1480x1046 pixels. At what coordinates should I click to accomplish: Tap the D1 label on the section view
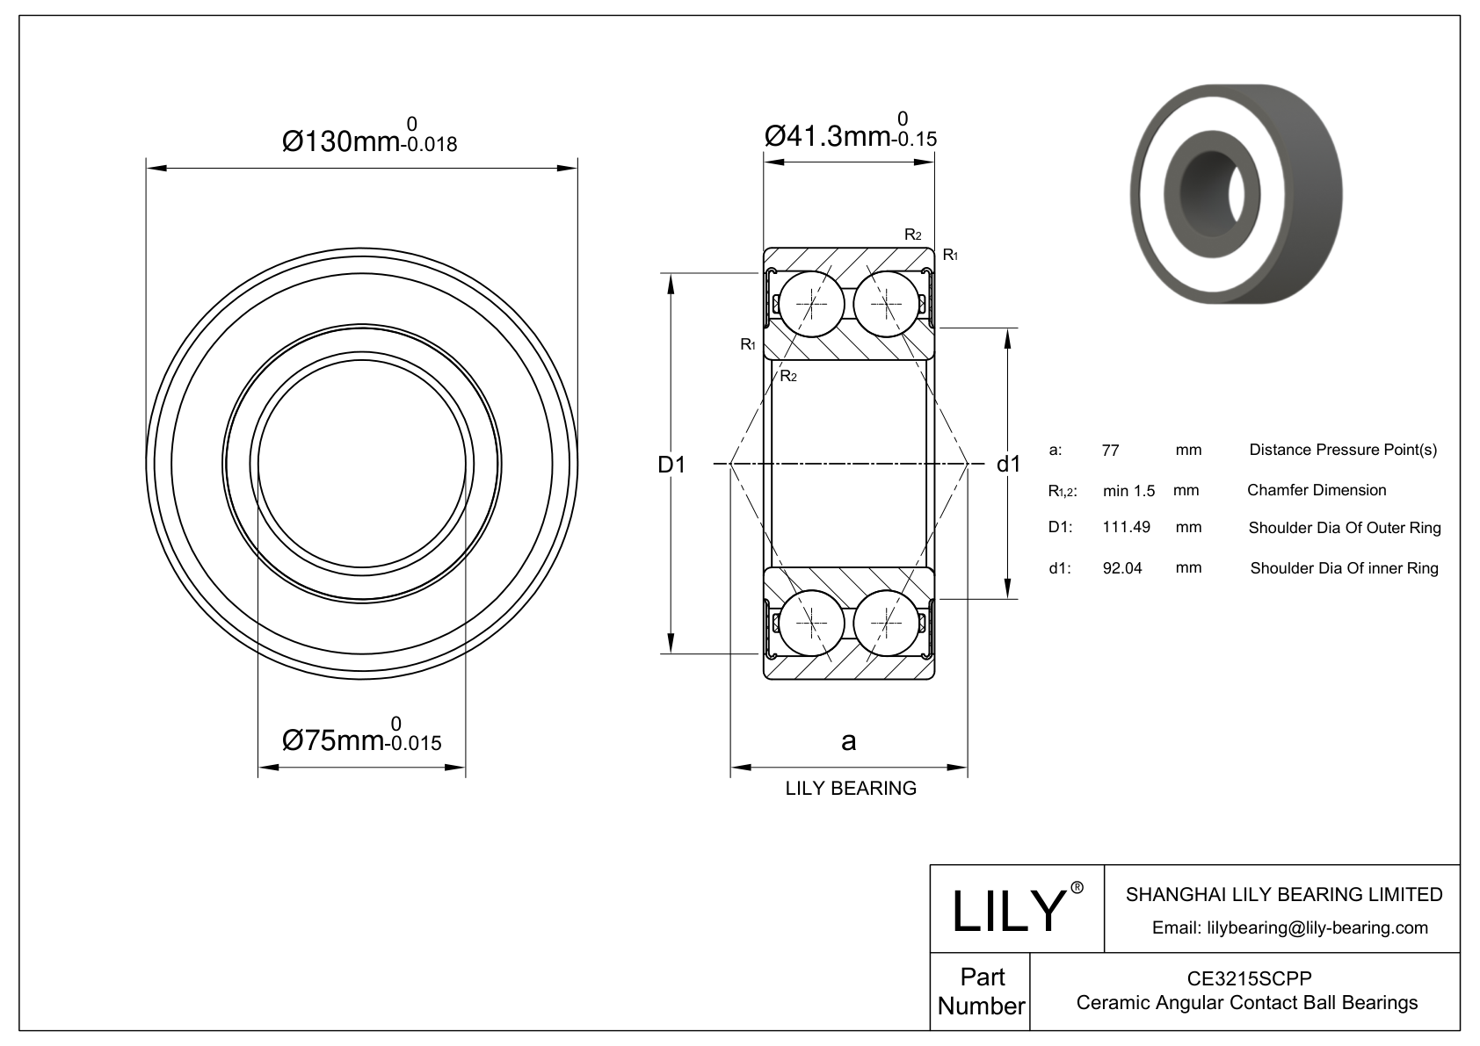671,465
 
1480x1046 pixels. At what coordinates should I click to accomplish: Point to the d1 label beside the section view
1008,465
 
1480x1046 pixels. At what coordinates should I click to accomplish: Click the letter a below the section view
848,742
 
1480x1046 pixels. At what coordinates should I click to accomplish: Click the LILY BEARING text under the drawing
850,788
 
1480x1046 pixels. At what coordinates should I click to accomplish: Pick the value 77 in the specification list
1110,451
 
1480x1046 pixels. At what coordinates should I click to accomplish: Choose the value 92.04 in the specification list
1122,568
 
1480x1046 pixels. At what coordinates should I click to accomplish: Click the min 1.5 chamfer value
1128,490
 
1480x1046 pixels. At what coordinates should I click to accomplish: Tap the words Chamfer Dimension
1317,490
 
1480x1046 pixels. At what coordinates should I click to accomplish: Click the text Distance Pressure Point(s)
1343,451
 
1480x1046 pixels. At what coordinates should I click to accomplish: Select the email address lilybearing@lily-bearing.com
1290,927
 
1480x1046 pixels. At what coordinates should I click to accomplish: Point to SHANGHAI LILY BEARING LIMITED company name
1284,894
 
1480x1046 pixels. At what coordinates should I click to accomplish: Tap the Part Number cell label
981,992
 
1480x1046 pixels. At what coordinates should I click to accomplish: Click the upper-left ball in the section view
812,304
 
